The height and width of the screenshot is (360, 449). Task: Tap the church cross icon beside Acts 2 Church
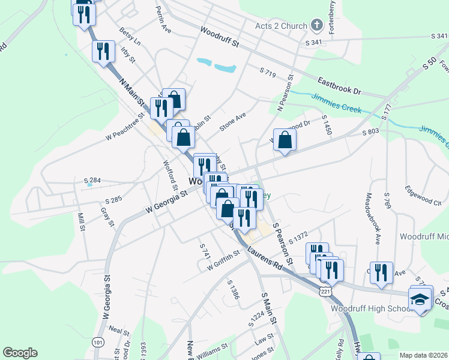click(x=318, y=25)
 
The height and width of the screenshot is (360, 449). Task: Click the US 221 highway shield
click(x=325, y=291)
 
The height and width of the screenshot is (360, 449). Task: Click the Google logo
click(x=20, y=353)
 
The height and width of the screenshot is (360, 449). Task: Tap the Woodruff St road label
click(x=220, y=37)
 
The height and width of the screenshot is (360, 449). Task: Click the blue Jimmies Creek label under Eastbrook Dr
click(x=336, y=102)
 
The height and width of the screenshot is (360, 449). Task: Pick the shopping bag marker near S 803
click(x=285, y=141)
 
